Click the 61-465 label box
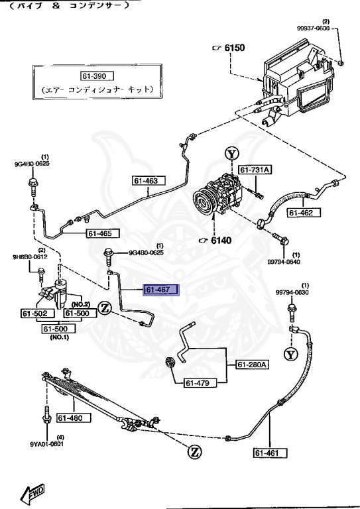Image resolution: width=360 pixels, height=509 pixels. pos(103,233)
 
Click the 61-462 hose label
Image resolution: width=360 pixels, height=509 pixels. pos(304,213)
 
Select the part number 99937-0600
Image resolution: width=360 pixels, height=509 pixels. pos(315,29)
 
